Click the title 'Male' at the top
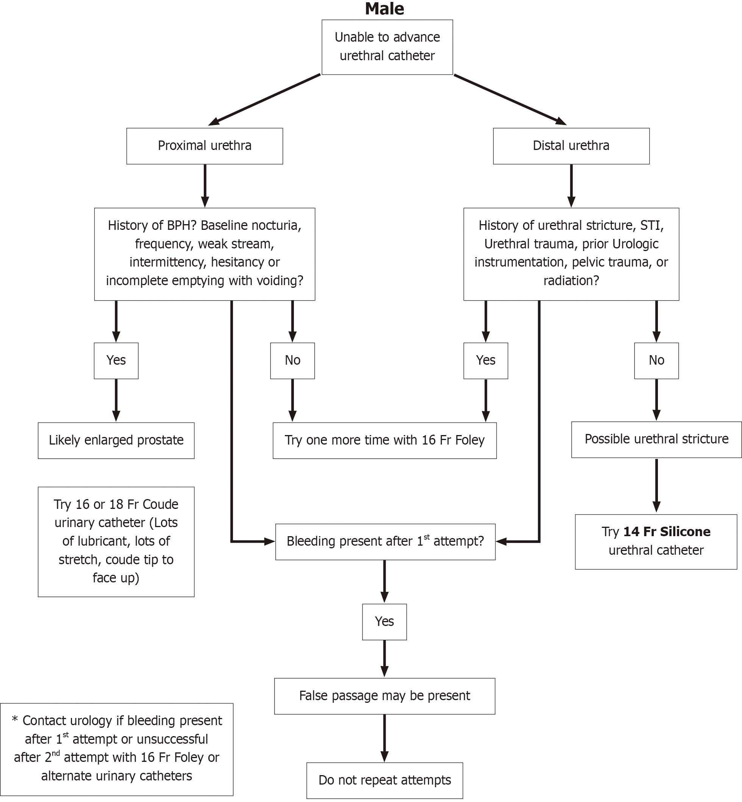(x=384, y=9)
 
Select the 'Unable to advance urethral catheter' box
(x=387, y=47)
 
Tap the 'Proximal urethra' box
(x=205, y=146)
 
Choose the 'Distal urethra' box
(x=571, y=146)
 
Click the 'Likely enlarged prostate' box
(x=116, y=440)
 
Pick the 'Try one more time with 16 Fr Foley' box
(x=385, y=440)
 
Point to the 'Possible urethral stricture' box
(x=656, y=440)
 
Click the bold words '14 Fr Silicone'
(x=667, y=532)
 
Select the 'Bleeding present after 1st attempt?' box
(x=385, y=541)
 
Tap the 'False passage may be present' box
(x=385, y=696)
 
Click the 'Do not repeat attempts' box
(x=385, y=780)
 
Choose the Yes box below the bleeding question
(x=384, y=622)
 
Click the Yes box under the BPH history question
(x=116, y=360)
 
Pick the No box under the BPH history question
(x=292, y=360)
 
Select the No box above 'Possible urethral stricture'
(x=656, y=360)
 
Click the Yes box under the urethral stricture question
(x=486, y=360)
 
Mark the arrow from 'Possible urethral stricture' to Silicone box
(x=656, y=486)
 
